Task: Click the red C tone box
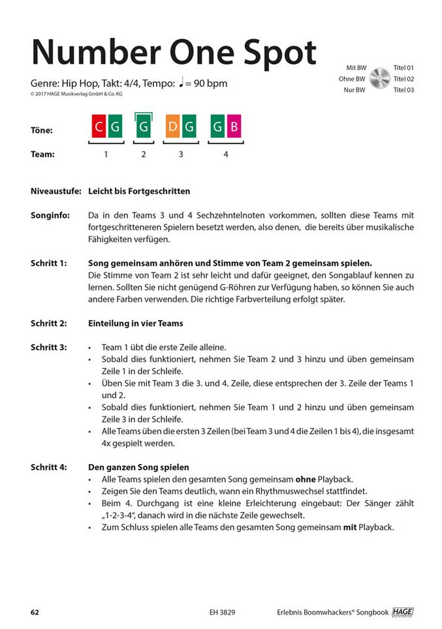point(99,128)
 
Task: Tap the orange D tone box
point(173,128)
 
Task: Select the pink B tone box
point(234,128)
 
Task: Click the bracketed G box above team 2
point(144,128)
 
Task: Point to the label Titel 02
point(403,79)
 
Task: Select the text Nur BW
point(355,90)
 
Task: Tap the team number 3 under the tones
point(181,155)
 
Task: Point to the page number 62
point(35,612)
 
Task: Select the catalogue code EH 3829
point(222,612)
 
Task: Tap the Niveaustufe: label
point(55,192)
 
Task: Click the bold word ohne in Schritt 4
point(306,479)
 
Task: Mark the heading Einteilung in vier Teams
point(135,323)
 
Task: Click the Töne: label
point(41,130)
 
